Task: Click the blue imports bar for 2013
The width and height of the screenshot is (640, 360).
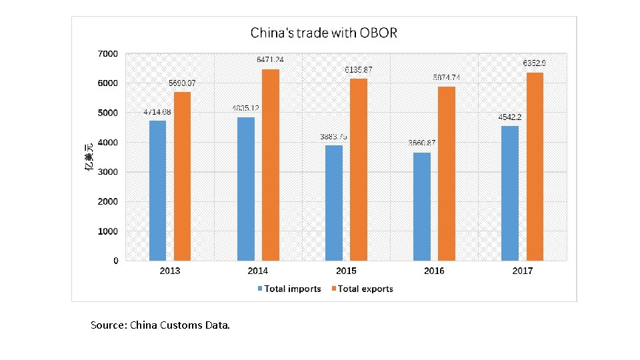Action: pos(158,190)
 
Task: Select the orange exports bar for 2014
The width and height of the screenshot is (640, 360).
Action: pos(270,165)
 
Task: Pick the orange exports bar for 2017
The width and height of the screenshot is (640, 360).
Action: pos(535,166)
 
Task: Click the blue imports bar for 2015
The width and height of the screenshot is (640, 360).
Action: pos(334,203)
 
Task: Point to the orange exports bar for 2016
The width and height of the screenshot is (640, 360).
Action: pos(447,173)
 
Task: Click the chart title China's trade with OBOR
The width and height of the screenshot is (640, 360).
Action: pos(323,33)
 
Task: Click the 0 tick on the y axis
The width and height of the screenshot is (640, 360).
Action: pos(116,261)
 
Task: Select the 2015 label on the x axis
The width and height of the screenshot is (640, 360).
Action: pos(346,271)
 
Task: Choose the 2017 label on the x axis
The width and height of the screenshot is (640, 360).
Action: pos(523,271)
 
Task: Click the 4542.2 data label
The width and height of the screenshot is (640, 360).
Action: pos(510,117)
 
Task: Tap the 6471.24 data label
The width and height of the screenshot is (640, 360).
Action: pos(271,59)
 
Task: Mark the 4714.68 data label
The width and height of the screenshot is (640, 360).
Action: pos(157,111)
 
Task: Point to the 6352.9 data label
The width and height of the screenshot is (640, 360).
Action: pos(535,63)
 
